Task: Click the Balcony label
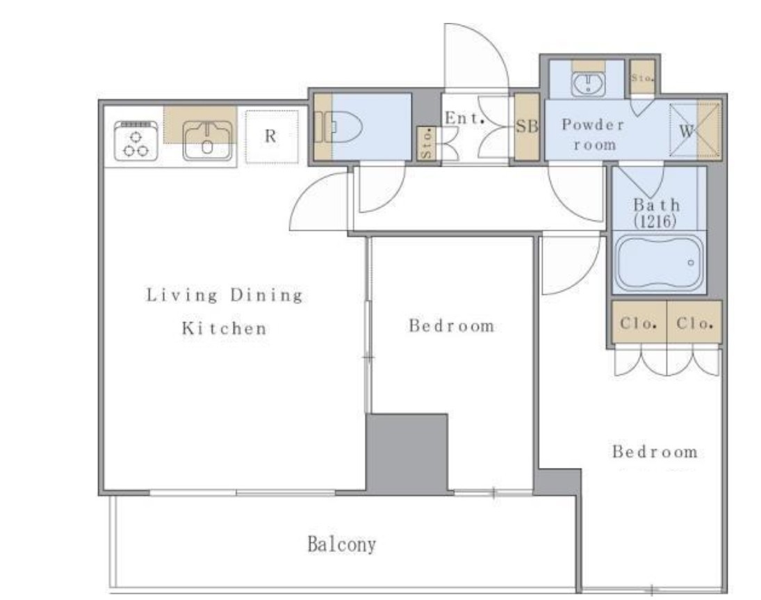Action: pos(342,544)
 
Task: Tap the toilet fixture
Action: pos(338,127)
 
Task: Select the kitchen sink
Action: pos(207,140)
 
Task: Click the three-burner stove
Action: pos(136,140)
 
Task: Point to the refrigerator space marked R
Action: pos(271,136)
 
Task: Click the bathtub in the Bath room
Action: pos(659,263)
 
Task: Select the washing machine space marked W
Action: pos(694,130)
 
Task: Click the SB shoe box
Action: pos(527,127)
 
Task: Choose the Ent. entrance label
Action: pos(465,118)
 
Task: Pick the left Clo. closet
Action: pos(639,323)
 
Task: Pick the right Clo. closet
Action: pos(694,323)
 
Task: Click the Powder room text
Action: pos(593,134)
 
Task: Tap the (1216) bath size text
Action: pos(655,221)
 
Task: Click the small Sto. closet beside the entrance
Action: pos(427,143)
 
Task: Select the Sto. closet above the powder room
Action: pos(642,77)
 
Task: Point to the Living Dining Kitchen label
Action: pos(224,311)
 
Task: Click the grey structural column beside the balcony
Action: pos(407,453)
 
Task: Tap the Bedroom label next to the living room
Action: pos(451,326)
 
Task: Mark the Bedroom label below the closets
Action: pos(655,452)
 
